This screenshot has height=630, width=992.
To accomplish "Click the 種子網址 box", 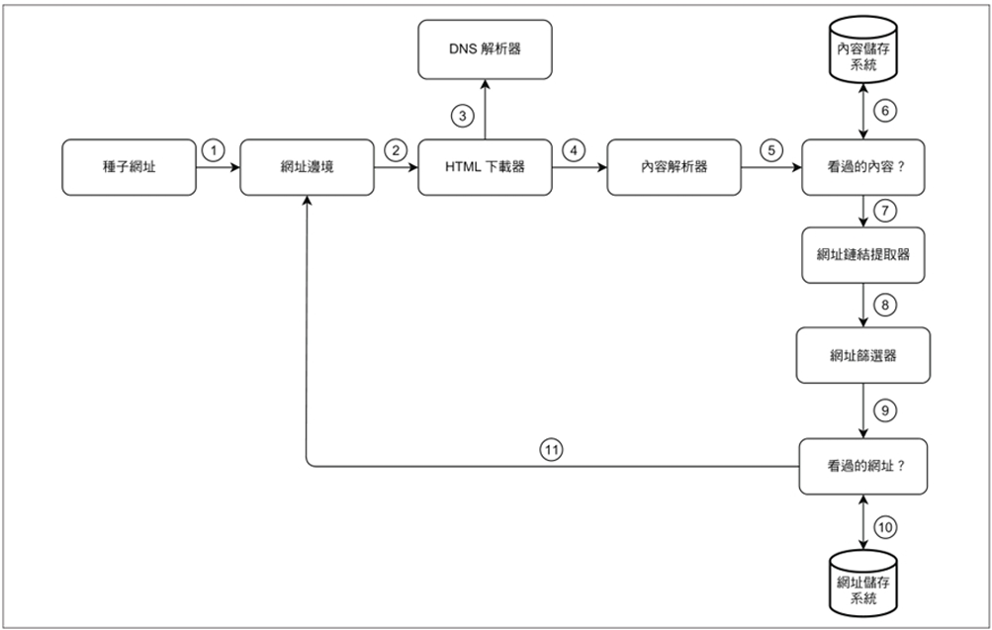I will tap(129, 167).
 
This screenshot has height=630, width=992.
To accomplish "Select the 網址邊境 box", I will tap(307, 167).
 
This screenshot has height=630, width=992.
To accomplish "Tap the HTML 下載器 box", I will tap(484, 167).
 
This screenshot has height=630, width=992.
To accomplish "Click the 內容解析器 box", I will tap(673, 167).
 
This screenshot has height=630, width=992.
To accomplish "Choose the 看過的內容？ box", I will tap(864, 167).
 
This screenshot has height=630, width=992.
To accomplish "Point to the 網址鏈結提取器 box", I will tap(864, 254).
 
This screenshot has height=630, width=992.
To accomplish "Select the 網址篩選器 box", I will tap(864, 356).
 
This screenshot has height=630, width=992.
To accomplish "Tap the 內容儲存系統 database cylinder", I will tap(864, 53).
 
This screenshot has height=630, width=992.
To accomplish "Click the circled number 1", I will tap(212, 150).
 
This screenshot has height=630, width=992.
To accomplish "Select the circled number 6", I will tap(886, 111).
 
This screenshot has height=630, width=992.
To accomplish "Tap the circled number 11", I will tap(552, 449).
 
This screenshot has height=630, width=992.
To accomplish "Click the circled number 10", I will tap(886, 527).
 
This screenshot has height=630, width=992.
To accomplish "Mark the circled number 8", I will tap(886, 305).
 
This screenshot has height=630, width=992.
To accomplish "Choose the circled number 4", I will tap(573, 150).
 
